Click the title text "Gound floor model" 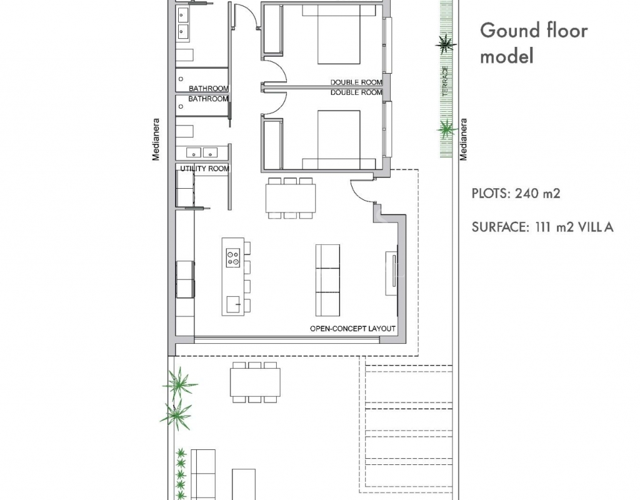tap(534, 43)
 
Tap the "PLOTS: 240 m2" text tap(516, 193)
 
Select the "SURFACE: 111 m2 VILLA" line tap(542, 227)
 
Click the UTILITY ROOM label tap(204, 169)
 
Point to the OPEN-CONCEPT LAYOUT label tap(352, 329)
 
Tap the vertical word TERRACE tap(445, 81)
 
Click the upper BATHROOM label tap(209, 89)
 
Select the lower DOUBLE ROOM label tap(356, 92)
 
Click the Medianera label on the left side tap(156, 139)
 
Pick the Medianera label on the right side tap(463, 139)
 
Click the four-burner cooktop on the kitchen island tap(233, 258)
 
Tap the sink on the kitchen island tap(234, 305)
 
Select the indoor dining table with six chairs tap(291, 198)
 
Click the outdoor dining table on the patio tap(255, 382)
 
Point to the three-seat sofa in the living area tap(327, 281)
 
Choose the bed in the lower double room tap(339, 139)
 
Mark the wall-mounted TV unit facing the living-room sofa tap(392, 273)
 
